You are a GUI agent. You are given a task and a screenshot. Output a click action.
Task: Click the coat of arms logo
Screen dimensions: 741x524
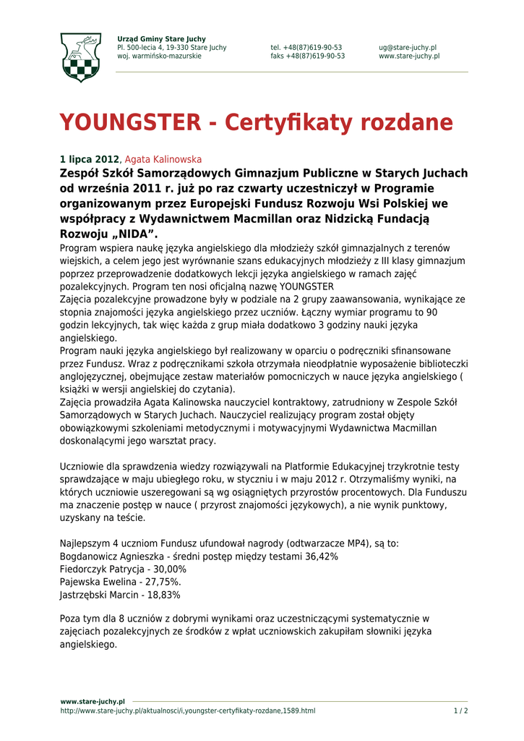[80, 57]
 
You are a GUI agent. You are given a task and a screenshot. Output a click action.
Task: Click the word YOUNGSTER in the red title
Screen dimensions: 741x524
[129, 122]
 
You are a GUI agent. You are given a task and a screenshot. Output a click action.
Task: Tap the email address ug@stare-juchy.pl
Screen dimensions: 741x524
[407, 47]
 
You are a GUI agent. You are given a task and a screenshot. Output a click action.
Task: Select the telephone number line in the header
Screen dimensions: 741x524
[306, 47]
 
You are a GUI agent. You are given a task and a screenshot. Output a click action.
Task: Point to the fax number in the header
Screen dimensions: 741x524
[307, 56]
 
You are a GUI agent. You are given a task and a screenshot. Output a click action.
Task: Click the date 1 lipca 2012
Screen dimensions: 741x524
[88, 159]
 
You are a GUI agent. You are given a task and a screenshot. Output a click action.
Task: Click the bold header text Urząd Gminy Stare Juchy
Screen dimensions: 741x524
[161, 38]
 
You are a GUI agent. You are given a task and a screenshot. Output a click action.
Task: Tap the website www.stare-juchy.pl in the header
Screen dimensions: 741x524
[408, 56]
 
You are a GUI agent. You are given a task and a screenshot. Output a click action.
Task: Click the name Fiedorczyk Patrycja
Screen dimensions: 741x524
[102, 569]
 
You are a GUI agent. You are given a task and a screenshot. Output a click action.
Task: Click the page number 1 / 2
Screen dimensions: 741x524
[460, 711]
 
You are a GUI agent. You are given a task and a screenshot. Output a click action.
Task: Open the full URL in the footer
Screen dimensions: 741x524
[187, 711]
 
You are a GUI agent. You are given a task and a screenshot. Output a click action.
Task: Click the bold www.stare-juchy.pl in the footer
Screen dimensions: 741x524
[93, 701]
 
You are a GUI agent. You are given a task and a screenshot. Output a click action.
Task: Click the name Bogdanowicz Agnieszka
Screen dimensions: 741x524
[113, 556]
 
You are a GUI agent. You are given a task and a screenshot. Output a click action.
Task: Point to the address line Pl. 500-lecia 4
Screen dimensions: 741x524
[171, 47]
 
